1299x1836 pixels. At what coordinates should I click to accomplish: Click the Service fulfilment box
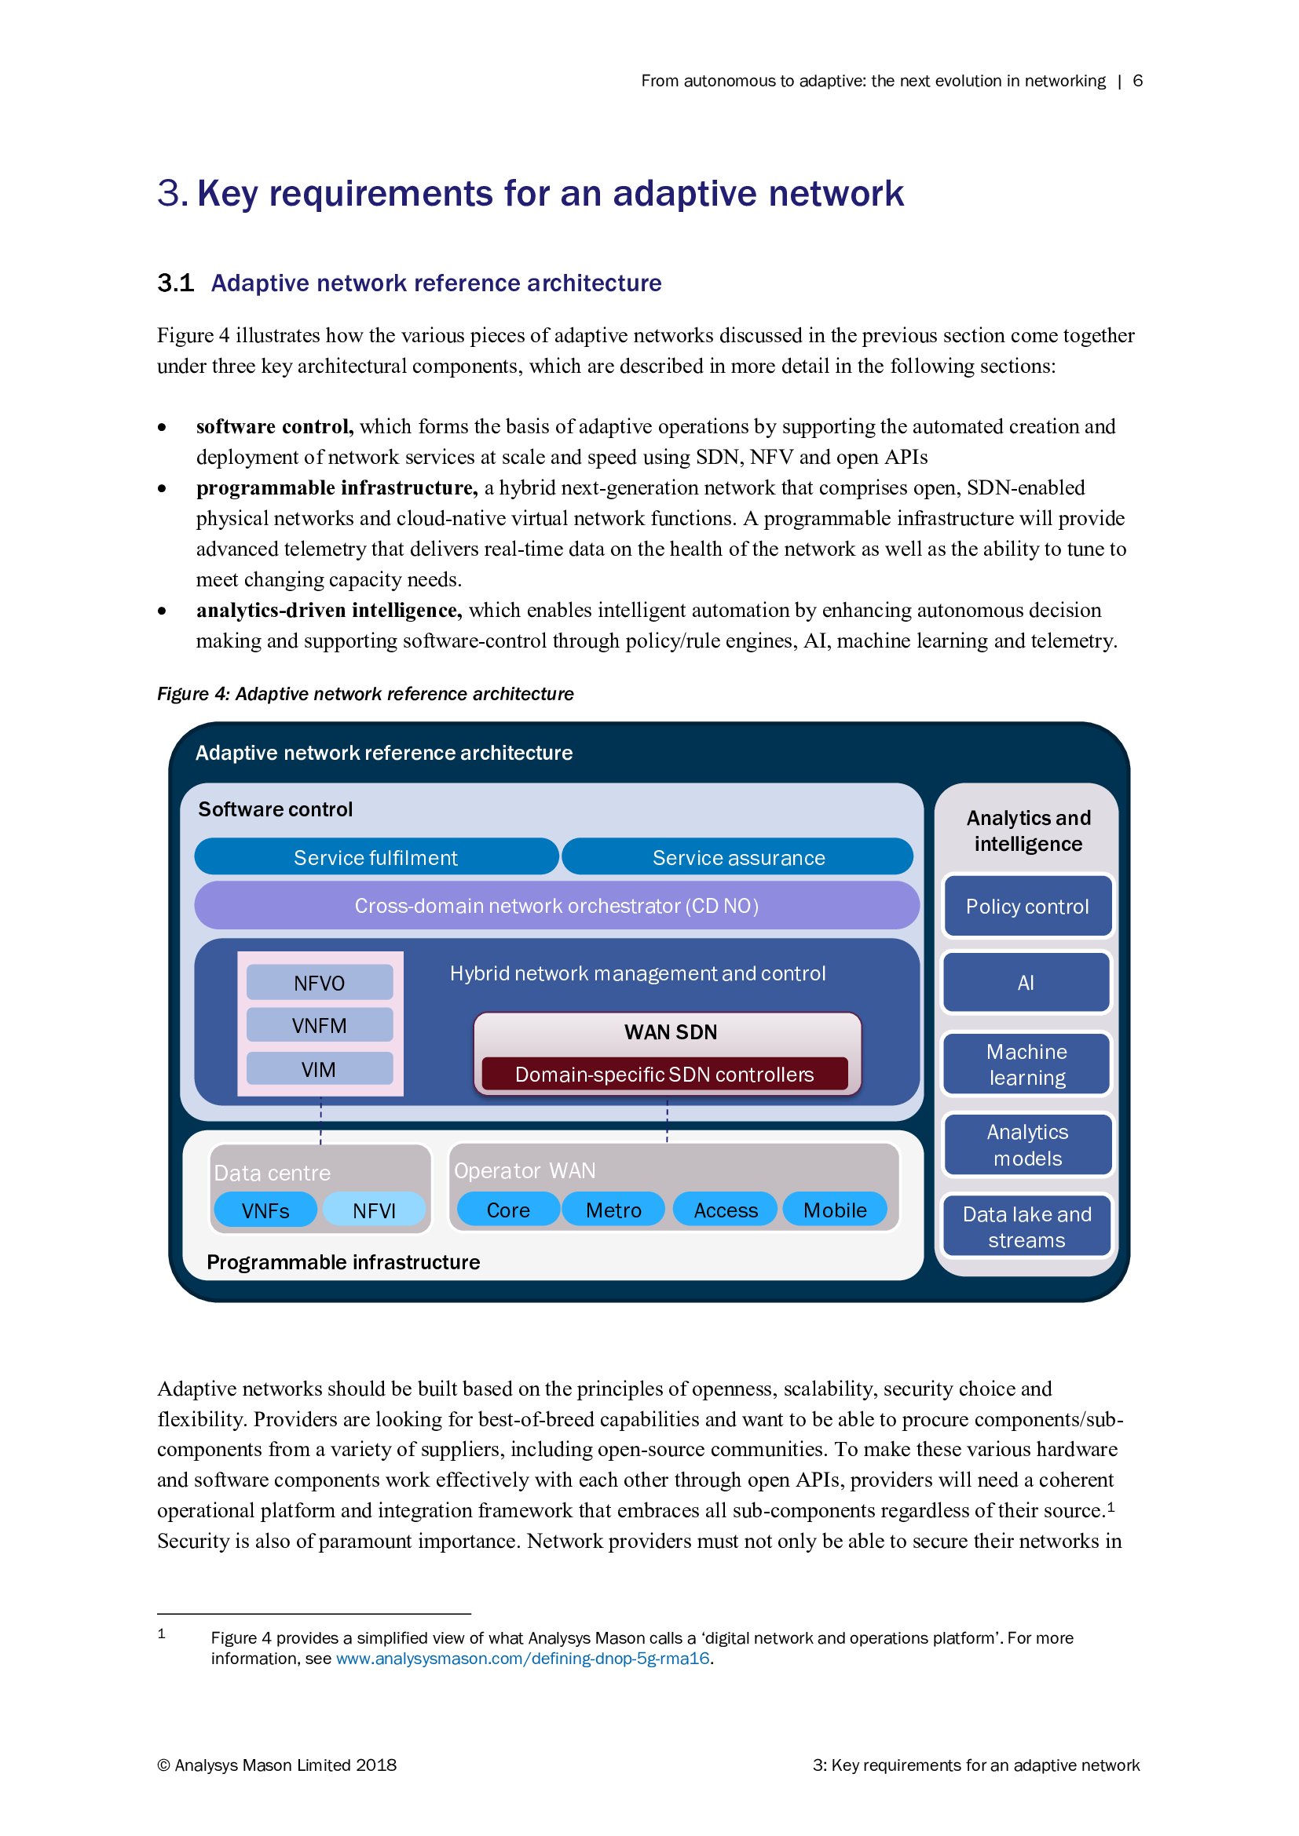point(376,857)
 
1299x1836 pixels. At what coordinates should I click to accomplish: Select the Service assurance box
point(737,857)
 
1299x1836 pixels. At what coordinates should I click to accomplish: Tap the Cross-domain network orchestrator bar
point(557,905)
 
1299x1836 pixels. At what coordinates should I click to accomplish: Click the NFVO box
point(319,983)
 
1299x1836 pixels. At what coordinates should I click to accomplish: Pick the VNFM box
point(319,1025)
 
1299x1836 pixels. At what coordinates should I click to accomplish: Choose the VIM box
point(319,1069)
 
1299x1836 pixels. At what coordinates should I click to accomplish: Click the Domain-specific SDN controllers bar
point(664,1074)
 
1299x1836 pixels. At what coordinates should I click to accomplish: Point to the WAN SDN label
point(670,1031)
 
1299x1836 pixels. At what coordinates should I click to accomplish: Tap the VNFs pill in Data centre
point(265,1210)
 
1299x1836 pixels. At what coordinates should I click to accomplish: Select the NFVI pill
point(375,1210)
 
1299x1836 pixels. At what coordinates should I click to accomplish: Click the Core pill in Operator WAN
point(508,1210)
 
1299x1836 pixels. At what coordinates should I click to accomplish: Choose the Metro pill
point(613,1210)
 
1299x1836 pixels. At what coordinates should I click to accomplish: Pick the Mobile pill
point(835,1210)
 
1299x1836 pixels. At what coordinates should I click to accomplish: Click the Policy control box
point(1027,906)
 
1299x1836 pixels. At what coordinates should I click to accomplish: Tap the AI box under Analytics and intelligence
point(1026,983)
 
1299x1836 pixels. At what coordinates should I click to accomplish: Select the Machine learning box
point(1027,1064)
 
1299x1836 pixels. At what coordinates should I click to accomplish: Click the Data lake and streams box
point(1027,1227)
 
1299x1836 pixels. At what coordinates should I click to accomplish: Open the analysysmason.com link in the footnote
point(522,1658)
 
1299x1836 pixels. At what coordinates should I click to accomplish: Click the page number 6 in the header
point(1137,81)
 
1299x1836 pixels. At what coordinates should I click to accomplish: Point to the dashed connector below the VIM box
point(320,1119)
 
